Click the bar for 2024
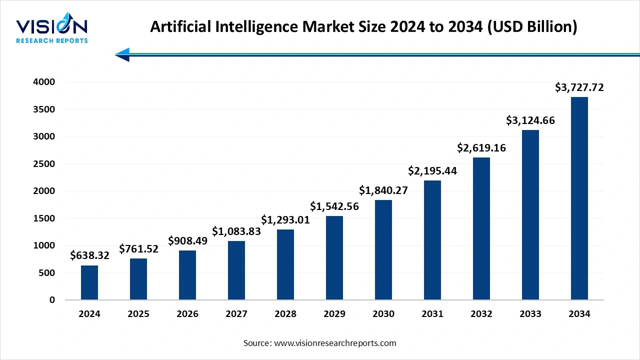[89, 282]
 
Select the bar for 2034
[579, 198]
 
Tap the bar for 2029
[334, 258]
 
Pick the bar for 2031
[432, 240]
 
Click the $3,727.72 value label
[579, 87]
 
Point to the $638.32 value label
[89, 255]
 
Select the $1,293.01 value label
[285, 219]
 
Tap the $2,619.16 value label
[481, 147]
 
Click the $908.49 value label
[187, 240]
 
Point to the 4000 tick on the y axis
[45, 82]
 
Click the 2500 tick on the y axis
[45, 163]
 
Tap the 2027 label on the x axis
[236, 314]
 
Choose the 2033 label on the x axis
[530, 314]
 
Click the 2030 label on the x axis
[383, 314]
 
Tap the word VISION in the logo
[51, 26]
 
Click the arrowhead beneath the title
[122, 54]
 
